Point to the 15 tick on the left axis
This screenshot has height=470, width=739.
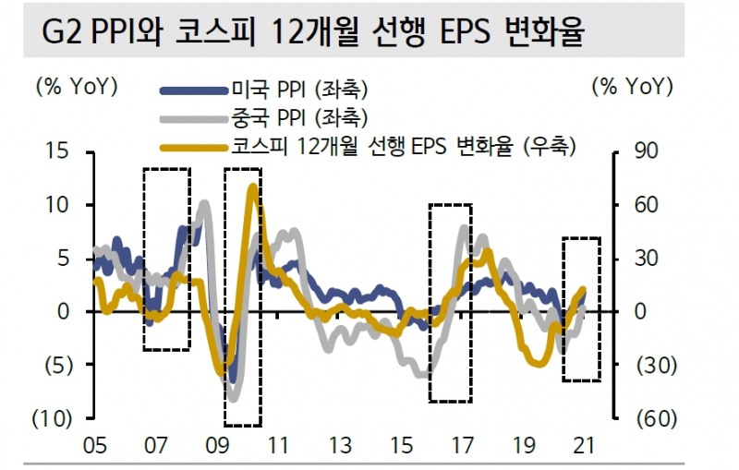58,151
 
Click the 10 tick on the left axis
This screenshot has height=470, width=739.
58,204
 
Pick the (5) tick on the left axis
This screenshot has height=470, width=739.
55,365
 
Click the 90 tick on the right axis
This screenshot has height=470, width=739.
647,151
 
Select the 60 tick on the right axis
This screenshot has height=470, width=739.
647,204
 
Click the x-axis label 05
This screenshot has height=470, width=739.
94,446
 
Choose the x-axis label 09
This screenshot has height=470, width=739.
217,446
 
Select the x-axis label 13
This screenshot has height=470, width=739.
340,446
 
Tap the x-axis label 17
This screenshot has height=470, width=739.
463,446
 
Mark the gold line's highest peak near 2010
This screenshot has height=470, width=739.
252,187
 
